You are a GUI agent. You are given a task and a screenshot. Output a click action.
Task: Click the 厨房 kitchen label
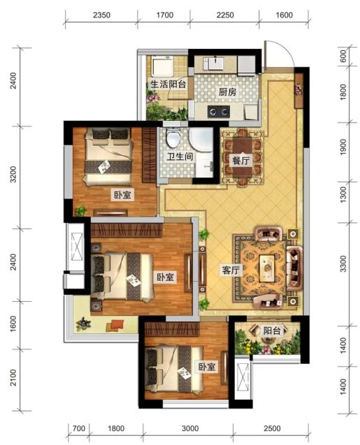tap(227, 92)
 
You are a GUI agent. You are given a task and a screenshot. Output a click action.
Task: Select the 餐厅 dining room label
tap(240, 161)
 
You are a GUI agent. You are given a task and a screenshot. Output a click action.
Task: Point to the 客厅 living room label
tap(231, 270)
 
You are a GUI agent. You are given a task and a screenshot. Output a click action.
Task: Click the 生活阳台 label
tap(168, 85)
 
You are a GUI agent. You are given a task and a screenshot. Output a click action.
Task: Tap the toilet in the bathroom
tap(173, 138)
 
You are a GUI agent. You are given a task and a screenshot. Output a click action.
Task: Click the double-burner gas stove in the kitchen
tap(218, 111)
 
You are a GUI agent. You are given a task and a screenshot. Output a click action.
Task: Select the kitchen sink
tap(215, 63)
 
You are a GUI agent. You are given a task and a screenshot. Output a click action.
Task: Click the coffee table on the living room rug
tap(266, 268)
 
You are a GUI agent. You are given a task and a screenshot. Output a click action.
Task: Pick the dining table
tap(242, 157)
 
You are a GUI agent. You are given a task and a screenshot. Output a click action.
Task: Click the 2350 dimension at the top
tap(101, 15)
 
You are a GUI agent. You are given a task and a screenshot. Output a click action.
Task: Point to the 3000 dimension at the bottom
tap(190, 428)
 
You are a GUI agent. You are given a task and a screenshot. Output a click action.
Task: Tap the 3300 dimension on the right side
tap(343, 263)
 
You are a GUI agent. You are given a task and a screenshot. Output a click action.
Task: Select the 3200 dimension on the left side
tap(13, 174)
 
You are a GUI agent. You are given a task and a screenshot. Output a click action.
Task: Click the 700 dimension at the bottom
tap(79, 428)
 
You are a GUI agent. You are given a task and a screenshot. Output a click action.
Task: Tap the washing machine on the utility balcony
tap(162, 66)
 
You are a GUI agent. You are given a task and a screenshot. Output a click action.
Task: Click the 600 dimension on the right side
tap(343, 56)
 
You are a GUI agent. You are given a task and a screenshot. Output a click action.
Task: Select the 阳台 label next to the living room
tap(272, 330)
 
